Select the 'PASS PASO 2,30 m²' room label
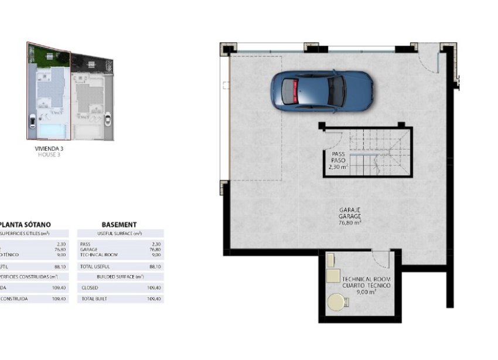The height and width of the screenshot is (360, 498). coord(338,160)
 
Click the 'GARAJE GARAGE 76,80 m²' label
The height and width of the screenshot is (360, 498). coord(350,216)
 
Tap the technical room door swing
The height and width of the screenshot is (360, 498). coord(381,260)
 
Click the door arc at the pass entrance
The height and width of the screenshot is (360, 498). coord(332,140)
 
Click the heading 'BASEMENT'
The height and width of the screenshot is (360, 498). coord(119,225)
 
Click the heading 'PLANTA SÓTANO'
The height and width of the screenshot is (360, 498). coord(26,225)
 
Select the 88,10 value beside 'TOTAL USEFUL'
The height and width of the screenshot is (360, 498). coord(155,266)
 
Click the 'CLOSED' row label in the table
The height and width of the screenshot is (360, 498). coord(90,288)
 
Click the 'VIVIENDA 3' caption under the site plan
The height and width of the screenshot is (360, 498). coord(49,149)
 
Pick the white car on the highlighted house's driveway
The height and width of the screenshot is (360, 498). coord(31,122)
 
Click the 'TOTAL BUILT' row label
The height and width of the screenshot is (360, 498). coord(93,299)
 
